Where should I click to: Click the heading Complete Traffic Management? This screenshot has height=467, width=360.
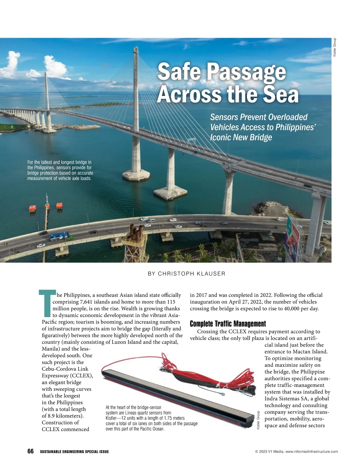(x=228, y=324)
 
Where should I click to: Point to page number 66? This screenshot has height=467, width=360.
(x=30, y=451)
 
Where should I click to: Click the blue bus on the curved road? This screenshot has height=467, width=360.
(x=61, y=237)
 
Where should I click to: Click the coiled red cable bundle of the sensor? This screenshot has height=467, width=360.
(x=216, y=372)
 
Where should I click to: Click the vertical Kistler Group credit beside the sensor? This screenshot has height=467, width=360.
(x=258, y=421)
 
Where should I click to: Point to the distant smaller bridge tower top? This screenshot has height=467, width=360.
(x=46, y=73)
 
